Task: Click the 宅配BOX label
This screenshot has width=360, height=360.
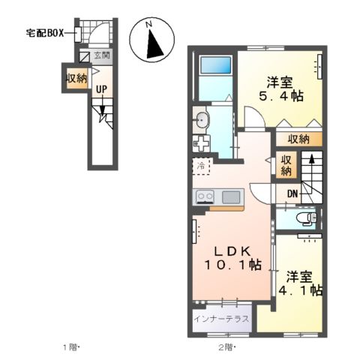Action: [x=45, y=33]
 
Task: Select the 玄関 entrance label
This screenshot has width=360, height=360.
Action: [x=102, y=55]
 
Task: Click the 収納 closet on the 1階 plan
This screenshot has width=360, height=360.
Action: [x=74, y=78]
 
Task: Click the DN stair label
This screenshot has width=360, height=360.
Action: [x=293, y=194]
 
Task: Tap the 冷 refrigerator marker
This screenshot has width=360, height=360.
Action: [x=201, y=165]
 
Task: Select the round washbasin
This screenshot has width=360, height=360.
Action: [x=201, y=118]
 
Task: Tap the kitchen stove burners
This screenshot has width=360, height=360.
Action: [x=205, y=196]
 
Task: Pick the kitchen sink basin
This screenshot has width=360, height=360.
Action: [x=232, y=196]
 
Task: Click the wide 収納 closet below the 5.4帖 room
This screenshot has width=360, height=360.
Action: [x=298, y=139]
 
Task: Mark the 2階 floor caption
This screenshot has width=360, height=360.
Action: [x=226, y=347]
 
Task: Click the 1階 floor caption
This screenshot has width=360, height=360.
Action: [x=71, y=347]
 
